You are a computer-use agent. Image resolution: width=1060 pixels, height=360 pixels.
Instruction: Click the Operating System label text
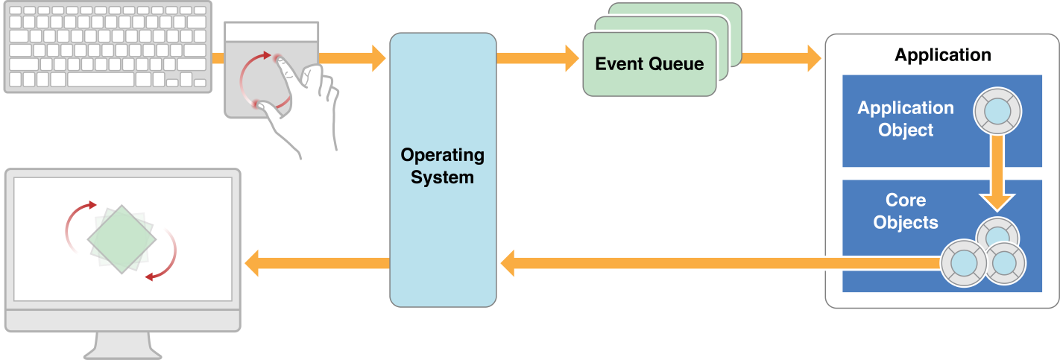pyautogui.click(x=442, y=166)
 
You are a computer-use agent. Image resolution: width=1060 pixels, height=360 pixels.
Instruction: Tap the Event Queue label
pyautogui.click(x=649, y=64)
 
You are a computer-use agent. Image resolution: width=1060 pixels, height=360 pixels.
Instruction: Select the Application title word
pyautogui.click(x=942, y=55)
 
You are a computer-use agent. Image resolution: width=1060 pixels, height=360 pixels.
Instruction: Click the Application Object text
pyautogui.click(x=905, y=119)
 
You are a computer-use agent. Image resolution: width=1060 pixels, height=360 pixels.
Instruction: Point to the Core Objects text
pyautogui.click(x=905, y=211)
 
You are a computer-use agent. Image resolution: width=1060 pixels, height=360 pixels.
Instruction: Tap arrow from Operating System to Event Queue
pyautogui.click(x=537, y=57)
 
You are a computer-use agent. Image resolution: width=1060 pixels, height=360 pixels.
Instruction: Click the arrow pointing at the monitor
pyautogui.click(x=317, y=262)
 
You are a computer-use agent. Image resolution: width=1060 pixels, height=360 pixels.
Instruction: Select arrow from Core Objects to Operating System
pyautogui.click(x=716, y=262)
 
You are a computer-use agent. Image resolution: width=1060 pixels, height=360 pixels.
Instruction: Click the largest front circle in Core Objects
pyautogui.click(x=963, y=262)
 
